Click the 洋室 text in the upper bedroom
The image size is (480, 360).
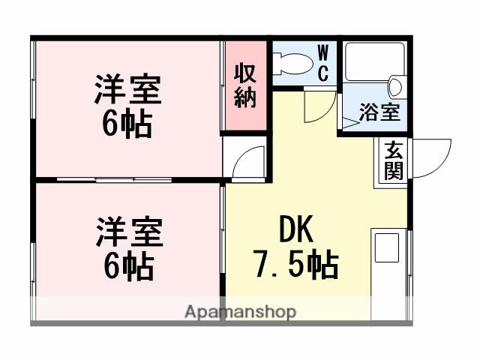click(127, 91)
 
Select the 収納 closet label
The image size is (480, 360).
click(245, 85)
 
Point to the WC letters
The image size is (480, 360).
click(322, 63)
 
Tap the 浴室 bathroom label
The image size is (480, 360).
click(379, 112)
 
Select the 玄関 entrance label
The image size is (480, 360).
click(394, 160)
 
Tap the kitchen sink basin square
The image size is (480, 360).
click(389, 247)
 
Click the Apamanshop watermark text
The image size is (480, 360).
click(239, 311)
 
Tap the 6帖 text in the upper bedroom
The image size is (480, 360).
click(127, 124)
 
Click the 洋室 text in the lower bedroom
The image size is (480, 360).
click(127, 232)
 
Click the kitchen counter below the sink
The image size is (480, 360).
click(390, 285)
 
